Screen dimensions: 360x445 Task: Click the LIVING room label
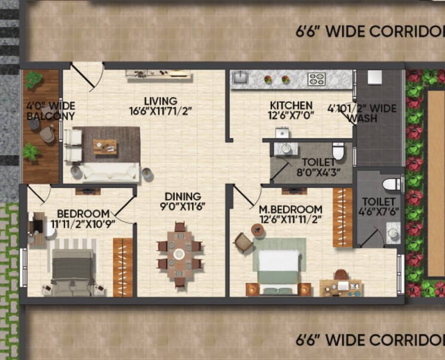tap(160, 100)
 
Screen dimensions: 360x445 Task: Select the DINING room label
tap(184, 196)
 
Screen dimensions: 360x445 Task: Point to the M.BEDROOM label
tap(291, 210)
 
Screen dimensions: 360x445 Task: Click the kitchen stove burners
tap(316, 79)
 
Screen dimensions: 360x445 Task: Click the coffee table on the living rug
tap(105, 145)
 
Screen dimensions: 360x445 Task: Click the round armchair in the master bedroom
tap(243, 242)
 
